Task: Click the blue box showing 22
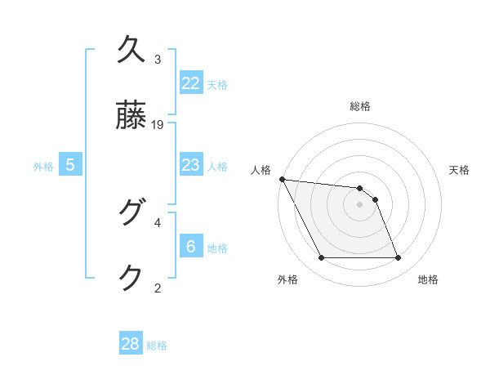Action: (x=191, y=83)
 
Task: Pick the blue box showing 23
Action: (x=191, y=165)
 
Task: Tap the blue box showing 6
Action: (x=191, y=246)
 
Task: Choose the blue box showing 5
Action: (x=70, y=165)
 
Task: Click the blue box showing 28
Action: (x=131, y=344)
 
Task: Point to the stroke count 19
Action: (x=158, y=124)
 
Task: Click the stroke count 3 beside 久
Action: (x=158, y=60)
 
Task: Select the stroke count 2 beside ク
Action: (x=158, y=287)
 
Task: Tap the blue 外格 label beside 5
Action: (x=43, y=167)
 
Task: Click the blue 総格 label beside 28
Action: (x=157, y=346)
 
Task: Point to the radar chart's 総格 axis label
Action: (x=360, y=106)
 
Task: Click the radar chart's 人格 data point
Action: (x=282, y=179)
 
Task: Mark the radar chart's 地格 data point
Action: (x=399, y=258)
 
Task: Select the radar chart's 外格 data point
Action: (x=321, y=258)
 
